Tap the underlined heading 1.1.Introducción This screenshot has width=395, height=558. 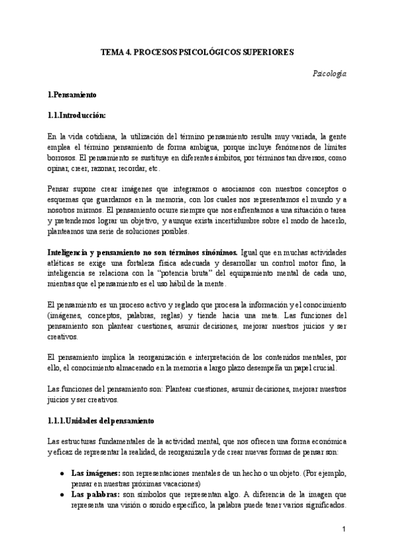(x=77, y=115)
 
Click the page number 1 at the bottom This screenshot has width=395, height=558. (x=344, y=529)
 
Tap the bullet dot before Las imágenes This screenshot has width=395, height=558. (x=61, y=473)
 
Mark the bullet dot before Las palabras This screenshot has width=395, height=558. (x=61, y=494)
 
